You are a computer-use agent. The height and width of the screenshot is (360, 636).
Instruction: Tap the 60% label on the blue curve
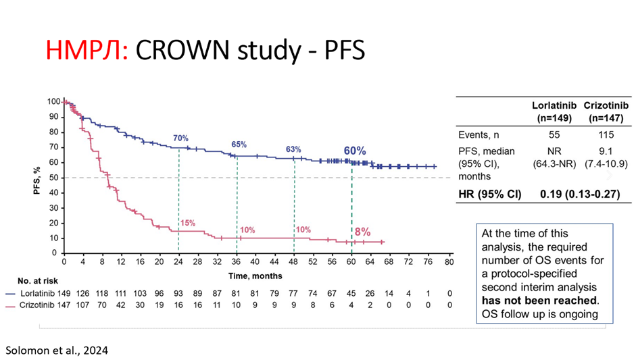356,151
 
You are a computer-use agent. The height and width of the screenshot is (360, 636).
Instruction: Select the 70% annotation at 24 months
180,136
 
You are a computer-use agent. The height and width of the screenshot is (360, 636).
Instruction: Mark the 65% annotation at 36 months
239,145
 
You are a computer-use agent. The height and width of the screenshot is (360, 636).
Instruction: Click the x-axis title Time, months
255,276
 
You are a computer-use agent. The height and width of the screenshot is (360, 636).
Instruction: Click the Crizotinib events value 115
602,134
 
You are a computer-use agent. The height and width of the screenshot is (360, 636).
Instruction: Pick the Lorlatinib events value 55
554,134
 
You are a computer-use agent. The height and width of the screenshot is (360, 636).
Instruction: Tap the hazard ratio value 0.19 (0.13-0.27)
579,194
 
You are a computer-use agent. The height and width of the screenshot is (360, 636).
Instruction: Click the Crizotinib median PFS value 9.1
602,152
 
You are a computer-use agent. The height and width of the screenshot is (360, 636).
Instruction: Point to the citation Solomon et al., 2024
57,351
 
